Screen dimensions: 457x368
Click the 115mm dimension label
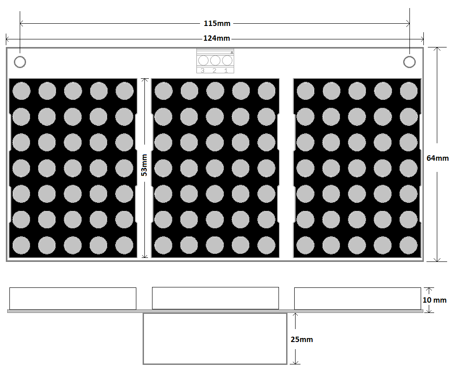point(217,23)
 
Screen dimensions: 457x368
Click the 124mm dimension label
point(217,38)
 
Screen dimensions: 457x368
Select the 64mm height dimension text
point(437,158)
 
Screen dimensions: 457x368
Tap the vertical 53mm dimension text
point(144,165)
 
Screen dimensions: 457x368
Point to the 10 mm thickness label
point(435,300)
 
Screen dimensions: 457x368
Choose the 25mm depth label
point(302,339)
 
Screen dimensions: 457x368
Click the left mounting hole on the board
point(20,62)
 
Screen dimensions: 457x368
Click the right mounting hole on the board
point(409,62)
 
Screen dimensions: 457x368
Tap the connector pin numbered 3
point(203,60)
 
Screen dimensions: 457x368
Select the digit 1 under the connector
point(226,70)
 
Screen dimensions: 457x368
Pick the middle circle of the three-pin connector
point(215,60)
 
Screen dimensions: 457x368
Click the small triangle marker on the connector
point(232,52)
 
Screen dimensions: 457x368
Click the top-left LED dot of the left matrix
point(21,91)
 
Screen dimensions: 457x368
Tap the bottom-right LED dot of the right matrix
point(409,245)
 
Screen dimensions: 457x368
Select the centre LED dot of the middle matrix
point(215,168)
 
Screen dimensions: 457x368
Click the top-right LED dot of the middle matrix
point(266,91)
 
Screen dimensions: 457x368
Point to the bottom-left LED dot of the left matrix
point(21,245)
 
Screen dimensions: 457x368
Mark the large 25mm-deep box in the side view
point(215,338)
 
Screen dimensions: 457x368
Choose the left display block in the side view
point(73,299)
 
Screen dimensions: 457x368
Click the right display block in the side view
point(357,299)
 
